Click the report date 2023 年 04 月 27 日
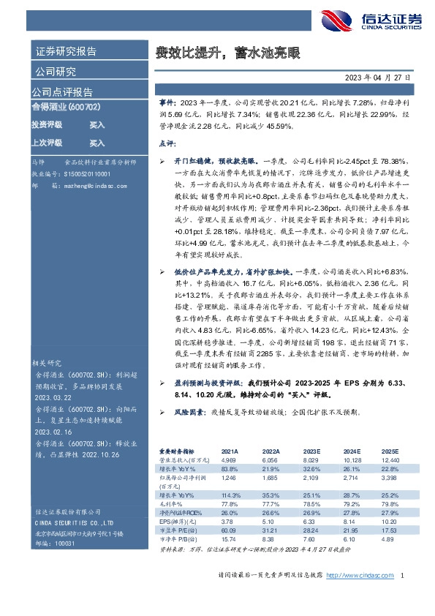379,77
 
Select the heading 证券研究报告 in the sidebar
66,52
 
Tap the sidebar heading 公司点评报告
62,93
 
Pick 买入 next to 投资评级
97,125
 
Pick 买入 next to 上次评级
97,143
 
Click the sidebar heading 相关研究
48,363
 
